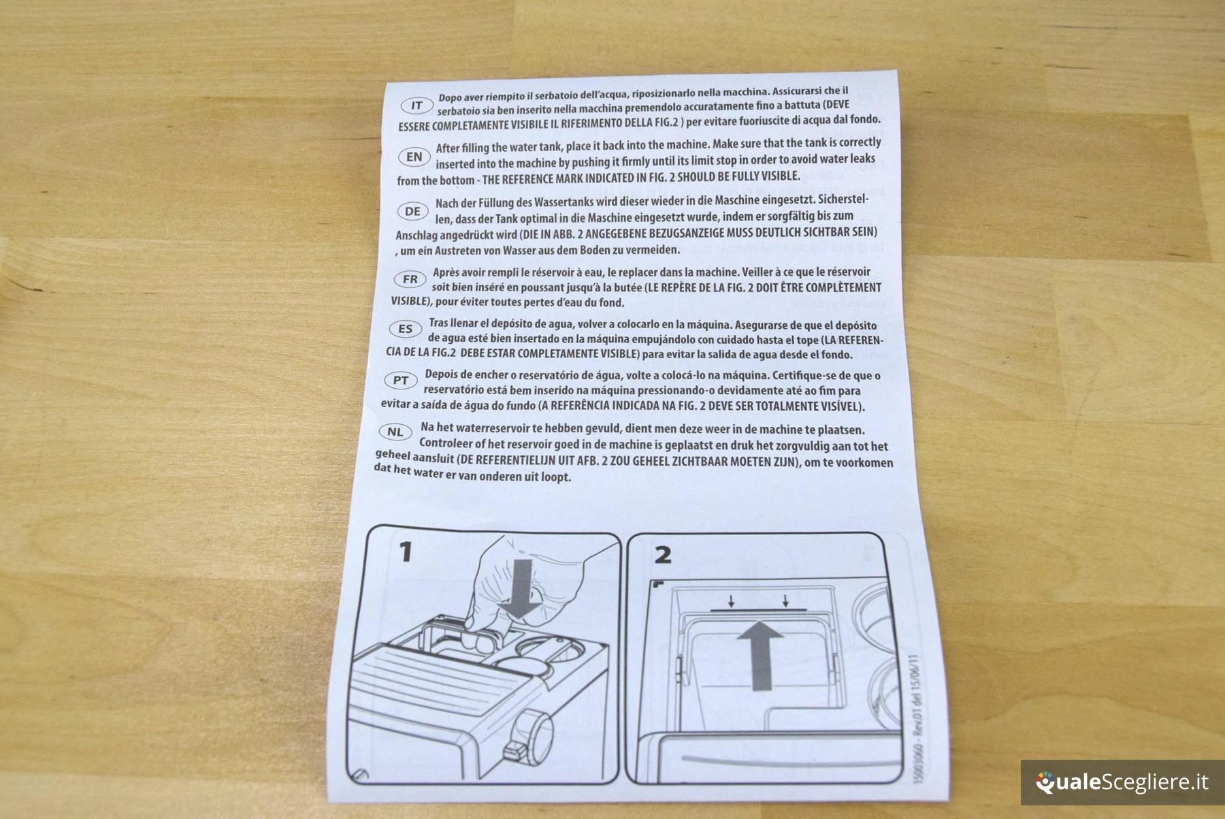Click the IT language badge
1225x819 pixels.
coord(417,106)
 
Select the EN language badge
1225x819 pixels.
coord(414,157)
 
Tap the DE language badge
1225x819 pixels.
coord(412,211)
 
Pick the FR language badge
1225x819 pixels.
coord(410,279)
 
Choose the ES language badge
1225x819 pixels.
coord(406,329)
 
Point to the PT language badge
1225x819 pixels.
coord(401,380)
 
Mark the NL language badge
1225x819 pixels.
coord(395,432)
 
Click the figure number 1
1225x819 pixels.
coord(406,551)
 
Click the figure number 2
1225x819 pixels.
coord(662,555)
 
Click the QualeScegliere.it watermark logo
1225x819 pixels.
coord(1122,782)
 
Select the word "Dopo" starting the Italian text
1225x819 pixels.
coord(451,97)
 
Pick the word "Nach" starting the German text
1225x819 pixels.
coord(446,203)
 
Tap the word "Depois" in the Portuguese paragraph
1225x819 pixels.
coord(442,374)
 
